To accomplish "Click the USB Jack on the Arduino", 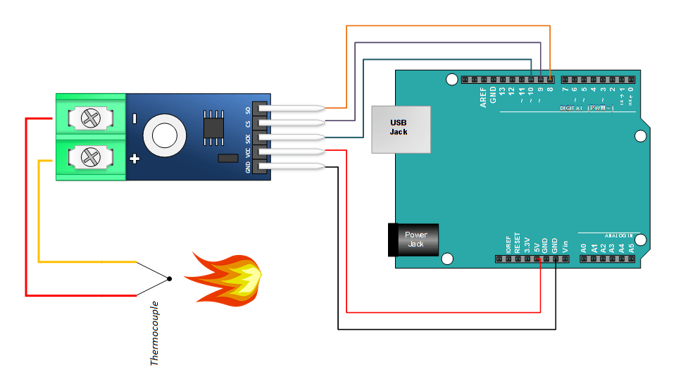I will point(401,129).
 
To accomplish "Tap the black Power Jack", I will point(414,240).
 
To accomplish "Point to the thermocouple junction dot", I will point(169,279).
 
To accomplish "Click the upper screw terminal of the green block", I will point(90,117).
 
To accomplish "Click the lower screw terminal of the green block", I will point(90,156).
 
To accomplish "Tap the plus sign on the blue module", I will point(134,159).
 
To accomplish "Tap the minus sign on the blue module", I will point(134,118).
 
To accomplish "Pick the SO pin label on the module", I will point(247,111).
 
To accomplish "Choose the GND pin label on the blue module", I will point(247,168).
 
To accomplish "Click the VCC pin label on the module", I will point(247,152).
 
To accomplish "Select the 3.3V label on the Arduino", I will point(527,244).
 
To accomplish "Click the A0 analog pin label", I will point(584,248).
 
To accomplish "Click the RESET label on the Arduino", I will point(518,242).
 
